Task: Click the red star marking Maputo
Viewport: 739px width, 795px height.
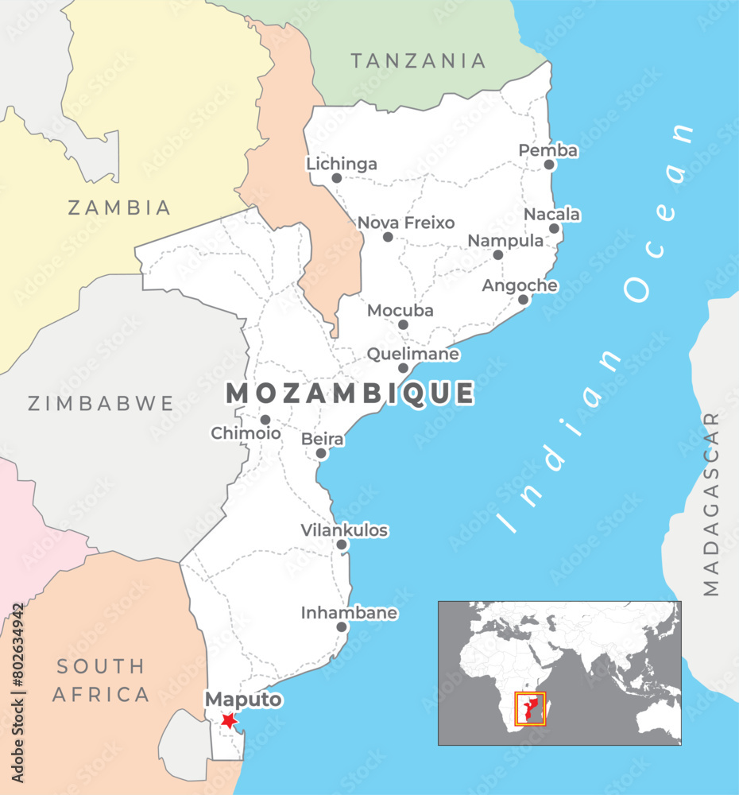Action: coord(229,720)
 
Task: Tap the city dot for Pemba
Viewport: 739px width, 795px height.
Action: coord(549,165)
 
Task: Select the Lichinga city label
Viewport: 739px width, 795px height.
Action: coord(342,165)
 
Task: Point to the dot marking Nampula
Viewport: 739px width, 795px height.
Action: coord(497,255)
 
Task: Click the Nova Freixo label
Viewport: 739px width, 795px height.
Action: coord(406,223)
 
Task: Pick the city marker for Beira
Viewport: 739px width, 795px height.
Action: coord(321,453)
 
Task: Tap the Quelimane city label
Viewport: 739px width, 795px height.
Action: coord(412,354)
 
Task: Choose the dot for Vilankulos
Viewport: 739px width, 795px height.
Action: coord(342,545)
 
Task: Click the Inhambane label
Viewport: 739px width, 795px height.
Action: coord(349,613)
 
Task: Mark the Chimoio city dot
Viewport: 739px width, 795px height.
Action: coord(265,420)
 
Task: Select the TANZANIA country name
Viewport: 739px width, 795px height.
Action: coord(418,60)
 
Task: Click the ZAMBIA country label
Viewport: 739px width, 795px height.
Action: coord(119,208)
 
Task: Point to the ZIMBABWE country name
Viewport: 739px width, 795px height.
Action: coord(101,404)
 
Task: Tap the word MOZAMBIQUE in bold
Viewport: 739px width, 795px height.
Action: coord(350,394)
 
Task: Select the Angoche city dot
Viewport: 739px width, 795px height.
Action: coord(523,300)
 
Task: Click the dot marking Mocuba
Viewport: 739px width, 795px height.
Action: coord(403,324)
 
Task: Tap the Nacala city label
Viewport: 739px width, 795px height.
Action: coord(551,215)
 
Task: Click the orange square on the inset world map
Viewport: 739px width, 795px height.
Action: coord(530,708)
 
